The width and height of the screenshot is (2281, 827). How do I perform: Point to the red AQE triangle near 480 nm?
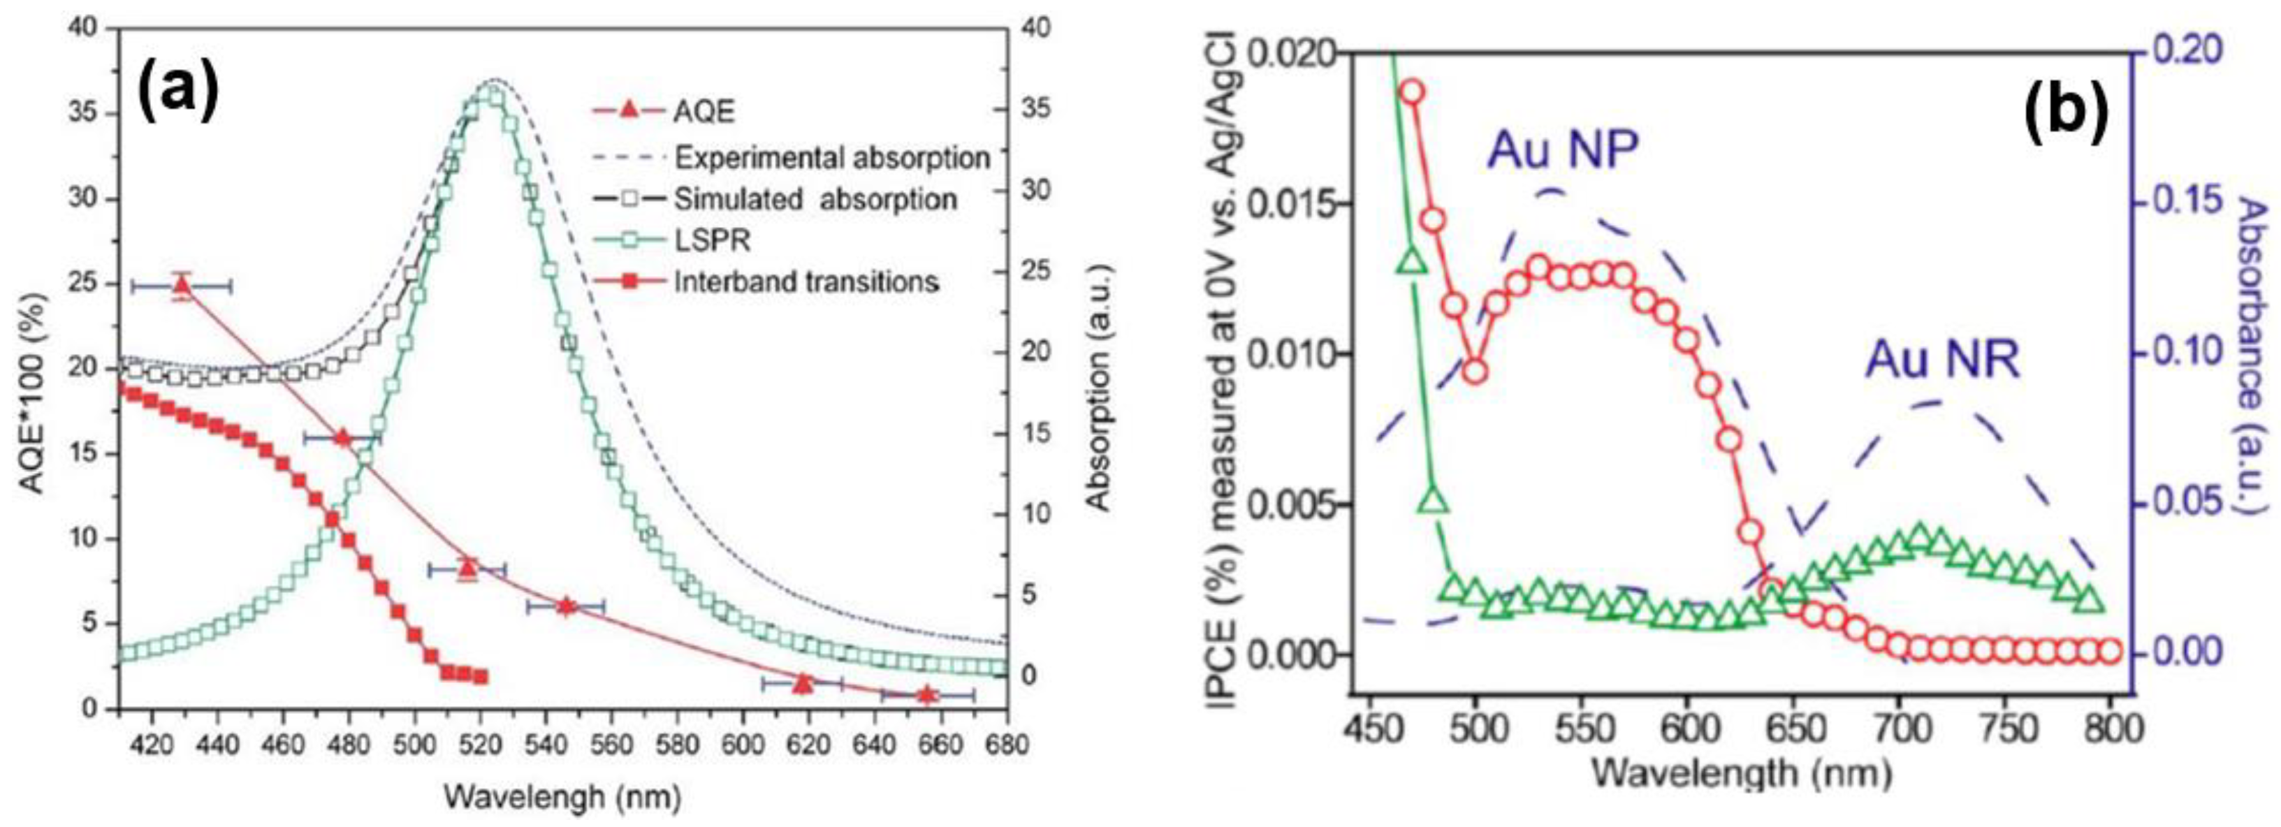343,437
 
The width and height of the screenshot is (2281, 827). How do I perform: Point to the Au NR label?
1943,360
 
